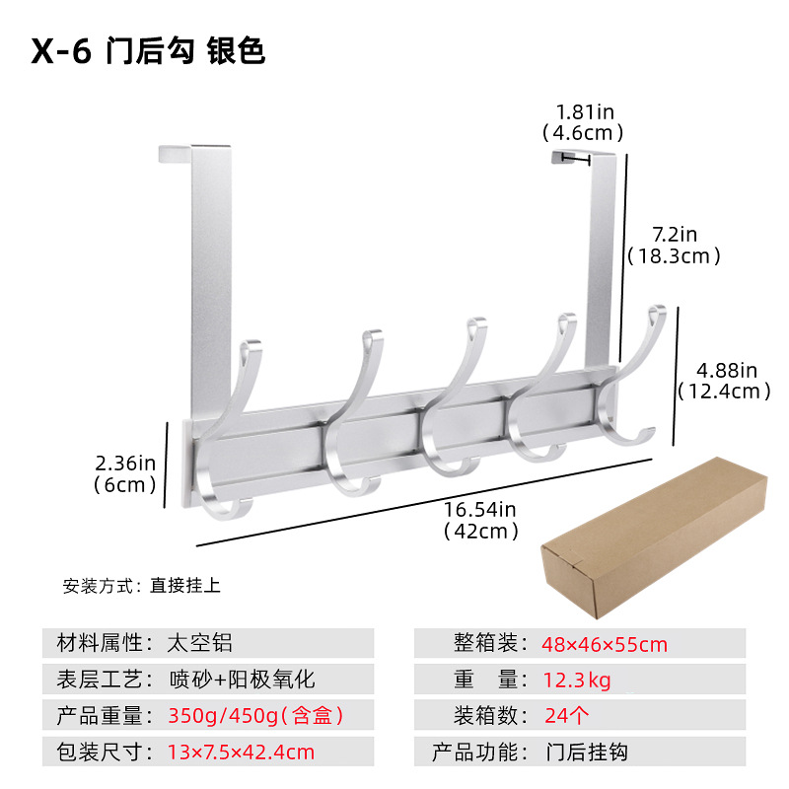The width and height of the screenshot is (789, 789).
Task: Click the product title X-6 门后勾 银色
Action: pos(148,51)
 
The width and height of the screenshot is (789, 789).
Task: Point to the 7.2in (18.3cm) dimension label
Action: pos(675,245)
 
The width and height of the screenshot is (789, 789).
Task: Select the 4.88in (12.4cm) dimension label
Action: pos(724,380)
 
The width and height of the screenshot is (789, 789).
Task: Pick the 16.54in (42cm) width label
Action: pos(480,521)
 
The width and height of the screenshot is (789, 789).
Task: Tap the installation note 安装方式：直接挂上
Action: pos(142,585)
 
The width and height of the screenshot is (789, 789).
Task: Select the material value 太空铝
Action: pos(200,644)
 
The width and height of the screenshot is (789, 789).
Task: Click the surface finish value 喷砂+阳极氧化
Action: pos(243,679)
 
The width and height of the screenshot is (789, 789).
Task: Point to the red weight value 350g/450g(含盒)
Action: pos(256,715)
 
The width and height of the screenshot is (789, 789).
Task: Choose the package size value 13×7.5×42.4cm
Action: pos(241,752)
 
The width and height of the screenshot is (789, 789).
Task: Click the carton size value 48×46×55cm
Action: pos(604,645)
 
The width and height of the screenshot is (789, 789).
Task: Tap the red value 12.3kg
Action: pos(577,680)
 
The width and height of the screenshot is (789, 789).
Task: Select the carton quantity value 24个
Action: pos(568,715)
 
